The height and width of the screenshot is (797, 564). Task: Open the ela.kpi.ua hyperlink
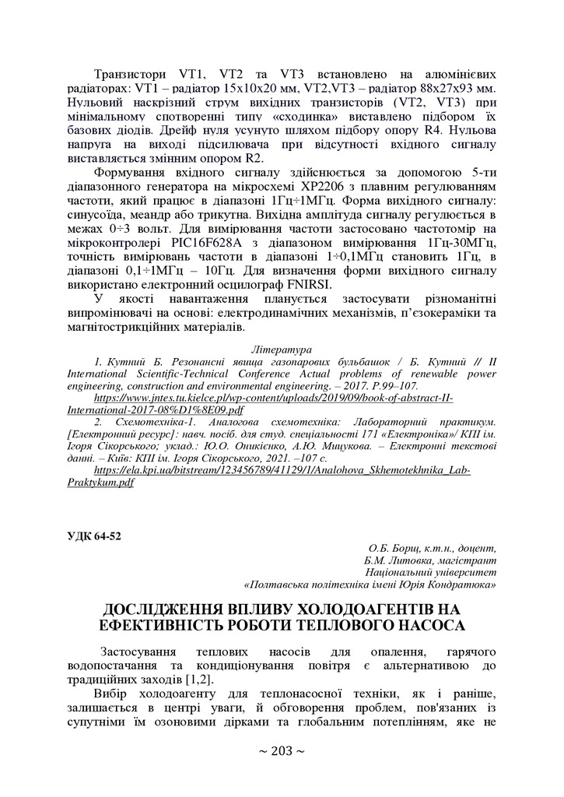tap(283, 471)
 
